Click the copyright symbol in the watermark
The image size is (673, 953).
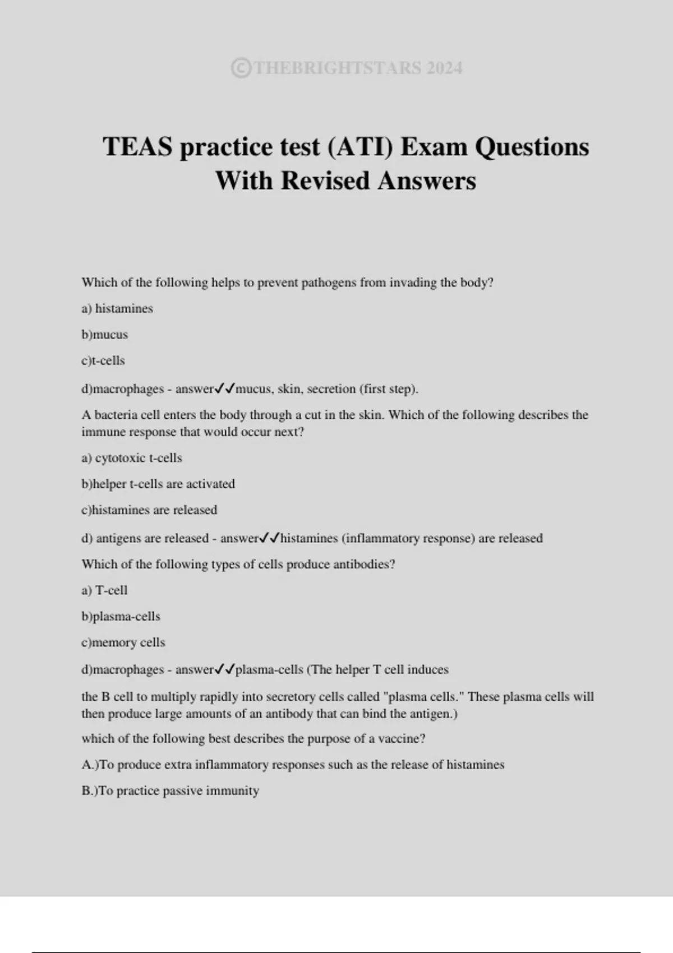[241, 68]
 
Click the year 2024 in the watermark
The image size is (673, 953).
[444, 68]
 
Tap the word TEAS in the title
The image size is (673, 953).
[137, 147]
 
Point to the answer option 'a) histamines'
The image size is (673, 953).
[117, 308]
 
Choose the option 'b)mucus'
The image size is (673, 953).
[105, 335]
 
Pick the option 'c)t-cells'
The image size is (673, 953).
[103, 360]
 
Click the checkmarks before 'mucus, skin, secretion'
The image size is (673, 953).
[225, 388]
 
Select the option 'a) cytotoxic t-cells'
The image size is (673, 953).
[132, 458]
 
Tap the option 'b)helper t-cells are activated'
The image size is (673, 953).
[158, 484]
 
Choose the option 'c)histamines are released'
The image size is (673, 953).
[149, 510]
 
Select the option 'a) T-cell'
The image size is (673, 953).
[105, 590]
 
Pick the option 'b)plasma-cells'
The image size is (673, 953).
[121, 617]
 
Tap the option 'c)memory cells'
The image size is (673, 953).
[123, 642]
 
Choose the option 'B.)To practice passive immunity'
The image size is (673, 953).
[170, 791]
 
